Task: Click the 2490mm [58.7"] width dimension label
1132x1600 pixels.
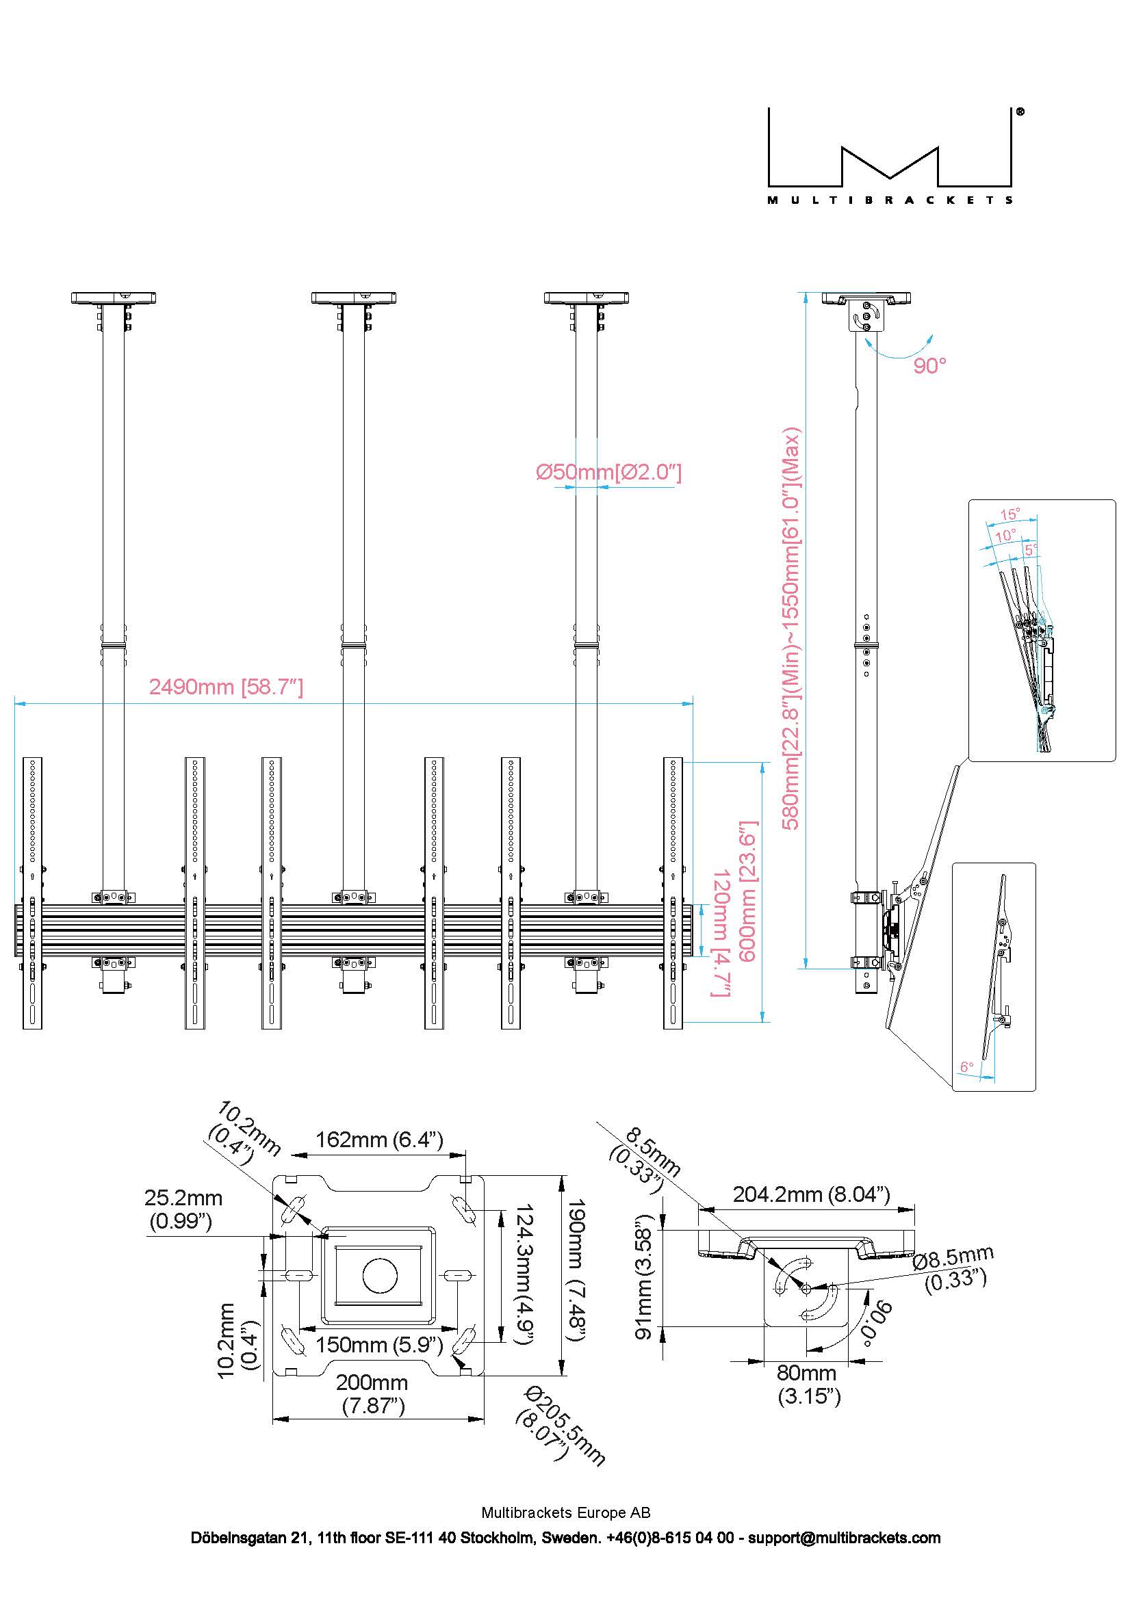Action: (x=227, y=687)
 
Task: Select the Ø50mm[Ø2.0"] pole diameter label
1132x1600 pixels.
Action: (x=608, y=473)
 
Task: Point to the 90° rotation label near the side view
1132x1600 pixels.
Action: (x=930, y=365)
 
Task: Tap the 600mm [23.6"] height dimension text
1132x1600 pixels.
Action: (x=748, y=892)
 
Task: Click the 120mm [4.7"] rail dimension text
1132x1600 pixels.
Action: (x=721, y=933)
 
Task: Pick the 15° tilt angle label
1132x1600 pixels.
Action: (x=1010, y=514)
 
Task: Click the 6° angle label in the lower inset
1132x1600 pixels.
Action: (x=967, y=1067)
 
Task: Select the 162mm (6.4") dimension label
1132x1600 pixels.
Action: (x=379, y=1140)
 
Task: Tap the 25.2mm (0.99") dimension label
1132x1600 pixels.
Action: (x=183, y=1209)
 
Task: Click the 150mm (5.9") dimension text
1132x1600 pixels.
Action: (x=379, y=1344)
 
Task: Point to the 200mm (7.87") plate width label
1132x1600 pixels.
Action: (x=373, y=1394)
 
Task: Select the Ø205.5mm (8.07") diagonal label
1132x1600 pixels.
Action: (x=562, y=1426)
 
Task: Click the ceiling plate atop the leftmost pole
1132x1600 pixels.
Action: (x=113, y=298)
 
